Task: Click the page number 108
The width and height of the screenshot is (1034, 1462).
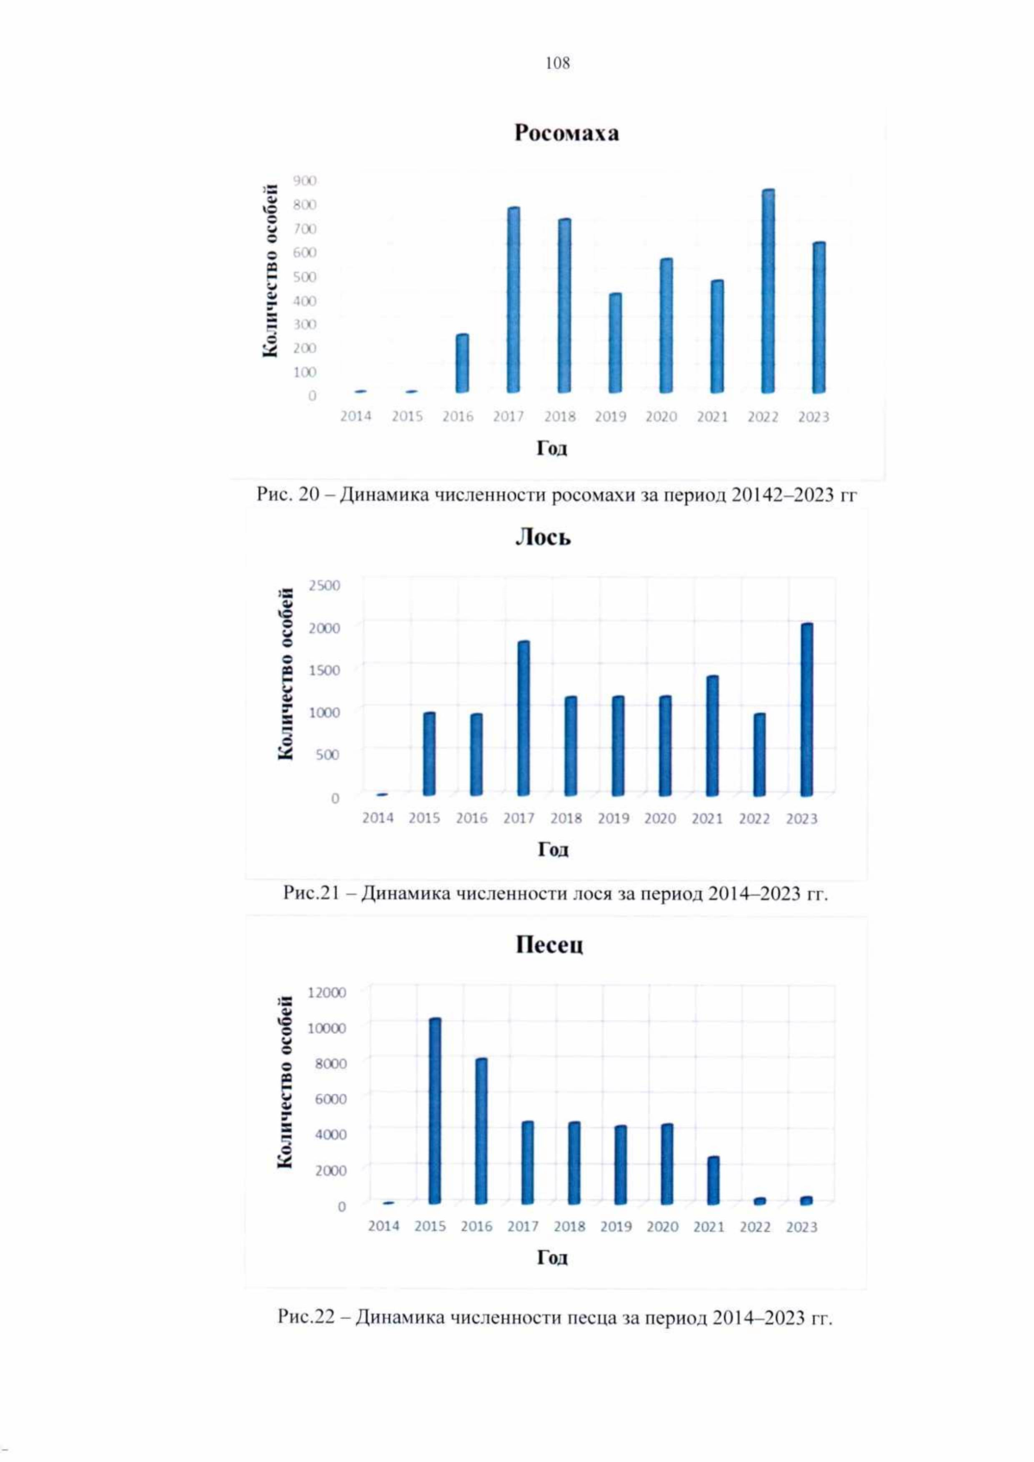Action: point(557,63)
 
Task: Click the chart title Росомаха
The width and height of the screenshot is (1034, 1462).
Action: point(566,134)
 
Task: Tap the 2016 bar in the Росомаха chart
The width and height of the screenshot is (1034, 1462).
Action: point(463,364)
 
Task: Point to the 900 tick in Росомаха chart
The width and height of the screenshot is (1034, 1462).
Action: point(305,181)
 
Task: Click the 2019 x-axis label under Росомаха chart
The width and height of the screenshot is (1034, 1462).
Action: point(610,417)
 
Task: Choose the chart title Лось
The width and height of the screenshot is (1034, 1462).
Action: point(543,538)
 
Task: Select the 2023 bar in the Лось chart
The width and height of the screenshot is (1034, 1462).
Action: point(807,709)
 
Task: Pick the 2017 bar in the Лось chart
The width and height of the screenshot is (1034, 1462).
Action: point(523,718)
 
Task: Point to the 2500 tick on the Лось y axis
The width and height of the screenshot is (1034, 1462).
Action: point(324,586)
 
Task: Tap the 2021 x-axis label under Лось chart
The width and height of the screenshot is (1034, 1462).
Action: point(707,818)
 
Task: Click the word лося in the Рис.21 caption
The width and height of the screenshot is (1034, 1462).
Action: point(592,894)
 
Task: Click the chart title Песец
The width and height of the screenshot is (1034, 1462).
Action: point(549,945)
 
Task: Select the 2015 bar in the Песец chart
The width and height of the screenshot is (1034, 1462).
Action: point(434,1110)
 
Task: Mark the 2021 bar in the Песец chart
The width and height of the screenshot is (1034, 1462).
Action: point(713,1179)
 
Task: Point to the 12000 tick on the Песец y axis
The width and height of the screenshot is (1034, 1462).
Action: point(327,992)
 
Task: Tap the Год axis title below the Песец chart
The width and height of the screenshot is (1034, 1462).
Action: point(552,1258)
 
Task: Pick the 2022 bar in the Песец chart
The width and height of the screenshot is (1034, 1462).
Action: point(760,1200)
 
